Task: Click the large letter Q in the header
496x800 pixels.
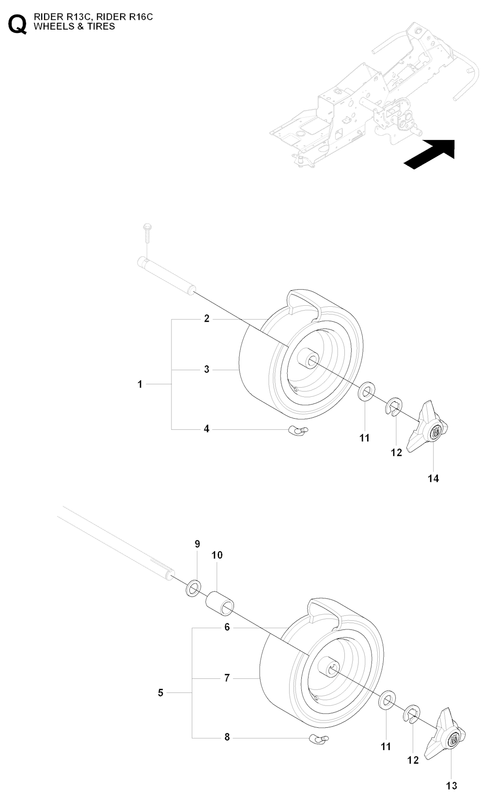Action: point(18,24)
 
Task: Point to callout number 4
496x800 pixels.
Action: point(207,429)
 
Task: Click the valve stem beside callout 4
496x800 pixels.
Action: point(295,429)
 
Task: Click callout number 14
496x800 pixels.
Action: point(433,478)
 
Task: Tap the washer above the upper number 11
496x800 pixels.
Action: point(367,392)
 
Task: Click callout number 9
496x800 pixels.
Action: point(197,544)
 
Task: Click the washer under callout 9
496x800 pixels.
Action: point(194,588)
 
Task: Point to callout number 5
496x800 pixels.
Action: point(161,693)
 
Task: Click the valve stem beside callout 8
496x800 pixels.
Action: point(317,739)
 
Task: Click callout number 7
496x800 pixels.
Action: point(227,678)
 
